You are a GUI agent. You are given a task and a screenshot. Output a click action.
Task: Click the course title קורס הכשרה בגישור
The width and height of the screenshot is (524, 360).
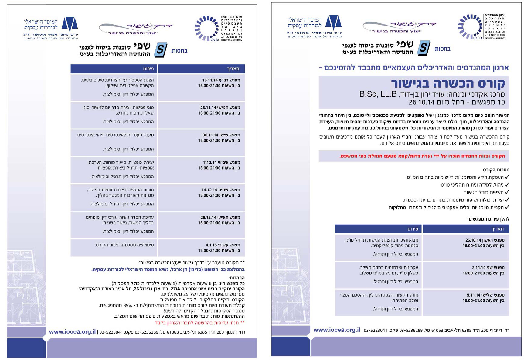point(448,83)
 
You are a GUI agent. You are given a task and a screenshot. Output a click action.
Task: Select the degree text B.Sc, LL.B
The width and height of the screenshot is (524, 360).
point(378,94)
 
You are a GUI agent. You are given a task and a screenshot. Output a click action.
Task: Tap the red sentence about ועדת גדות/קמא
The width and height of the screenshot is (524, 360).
point(422,156)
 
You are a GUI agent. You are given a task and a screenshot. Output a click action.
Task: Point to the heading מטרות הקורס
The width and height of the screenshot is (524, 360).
point(496,170)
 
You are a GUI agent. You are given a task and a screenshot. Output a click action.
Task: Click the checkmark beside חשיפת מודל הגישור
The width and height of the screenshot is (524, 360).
point(507,192)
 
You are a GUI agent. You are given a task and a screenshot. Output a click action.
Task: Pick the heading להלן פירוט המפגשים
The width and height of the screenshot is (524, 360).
point(488,219)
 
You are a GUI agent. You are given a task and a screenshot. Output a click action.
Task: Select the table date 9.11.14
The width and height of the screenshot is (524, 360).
point(474,295)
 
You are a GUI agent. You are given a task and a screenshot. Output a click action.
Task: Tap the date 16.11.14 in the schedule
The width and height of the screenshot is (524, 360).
point(210,80)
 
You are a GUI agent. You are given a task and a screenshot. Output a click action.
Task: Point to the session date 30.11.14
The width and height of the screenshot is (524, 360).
point(210,135)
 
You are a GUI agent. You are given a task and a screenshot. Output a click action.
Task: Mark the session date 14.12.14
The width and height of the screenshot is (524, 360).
point(210,190)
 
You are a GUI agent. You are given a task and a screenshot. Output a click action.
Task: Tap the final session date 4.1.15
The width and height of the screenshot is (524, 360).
point(212,245)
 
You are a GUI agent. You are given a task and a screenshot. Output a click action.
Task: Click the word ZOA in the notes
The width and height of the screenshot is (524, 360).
point(175,289)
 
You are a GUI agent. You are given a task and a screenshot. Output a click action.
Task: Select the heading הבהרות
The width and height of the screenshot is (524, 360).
point(236,278)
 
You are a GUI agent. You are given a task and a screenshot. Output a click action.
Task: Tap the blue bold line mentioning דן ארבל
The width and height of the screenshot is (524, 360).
point(168,269)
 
